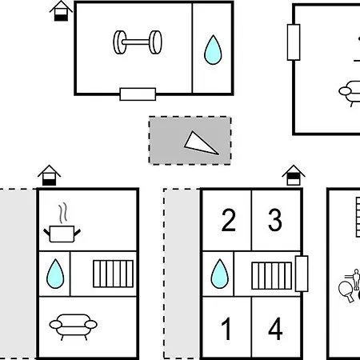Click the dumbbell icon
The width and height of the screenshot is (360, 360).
pyautogui.click(x=138, y=42)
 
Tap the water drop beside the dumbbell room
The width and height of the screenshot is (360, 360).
pyautogui.click(x=213, y=50)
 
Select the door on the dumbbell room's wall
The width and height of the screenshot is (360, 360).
pyautogui.click(x=138, y=94)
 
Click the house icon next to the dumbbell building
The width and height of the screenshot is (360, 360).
pyautogui.click(x=61, y=11)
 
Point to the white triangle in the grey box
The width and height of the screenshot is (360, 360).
pyautogui.click(x=199, y=144)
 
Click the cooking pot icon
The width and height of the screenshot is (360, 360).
pyautogui.click(x=62, y=234)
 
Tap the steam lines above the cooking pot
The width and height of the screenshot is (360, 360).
pyautogui.click(x=63, y=213)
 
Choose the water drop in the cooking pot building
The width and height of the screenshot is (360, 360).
pyautogui.click(x=55, y=274)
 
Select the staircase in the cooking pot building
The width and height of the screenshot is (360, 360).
pyautogui.click(x=113, y=274)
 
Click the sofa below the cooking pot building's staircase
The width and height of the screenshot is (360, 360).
pyautogui.click(x=74, y=326)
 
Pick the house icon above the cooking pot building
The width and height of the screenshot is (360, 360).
pyautogui.click(x=50, y=175)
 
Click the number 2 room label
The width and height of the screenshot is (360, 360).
pyautogui.click(x=229, y=220)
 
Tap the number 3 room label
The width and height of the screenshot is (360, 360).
pyautogui.click(x=275, y=220)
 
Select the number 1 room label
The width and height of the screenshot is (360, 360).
pyautogui.click(x=226, y=329)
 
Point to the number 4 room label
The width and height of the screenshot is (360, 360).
pyautogui.click(x=275, y=329)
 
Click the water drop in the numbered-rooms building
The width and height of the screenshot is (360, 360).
pyautogui.click(x=220, y=274)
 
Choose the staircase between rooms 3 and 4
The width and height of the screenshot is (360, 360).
pyautogui.click(x=272, y=276)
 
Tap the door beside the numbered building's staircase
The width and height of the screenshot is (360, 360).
pyautogui.click(x=302, y=274)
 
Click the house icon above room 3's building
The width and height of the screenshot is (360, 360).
pyautogui.click(x=294, y=175)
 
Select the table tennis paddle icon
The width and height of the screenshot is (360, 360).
pyautogui.click(x=346, y=290)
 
